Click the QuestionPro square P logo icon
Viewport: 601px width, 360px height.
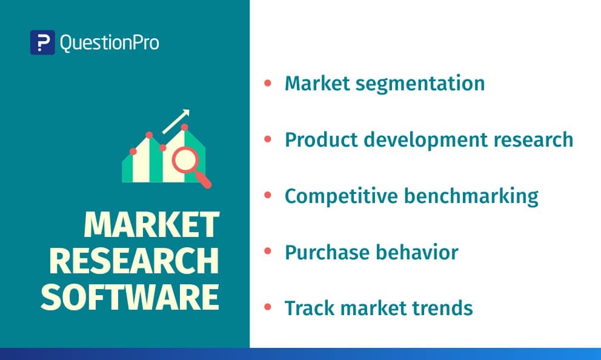click(x=42, y=42)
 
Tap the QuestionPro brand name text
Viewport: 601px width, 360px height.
click(x=109, y=42)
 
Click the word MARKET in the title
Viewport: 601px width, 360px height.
click(x=151, y=225)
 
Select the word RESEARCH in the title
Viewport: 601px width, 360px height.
click(x=134, y=261)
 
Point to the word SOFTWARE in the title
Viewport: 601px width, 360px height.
click(x=130, y=297)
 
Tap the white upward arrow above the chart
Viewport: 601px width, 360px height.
click(x=176, y=122)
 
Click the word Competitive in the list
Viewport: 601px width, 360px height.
click(x=342, y=196)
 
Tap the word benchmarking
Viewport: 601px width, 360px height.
click(x=471, y=196)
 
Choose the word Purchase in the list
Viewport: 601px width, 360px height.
click(x=327, y=252)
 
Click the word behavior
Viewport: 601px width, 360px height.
click(x=417, y=252)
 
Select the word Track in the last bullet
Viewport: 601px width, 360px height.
click(x=310, y=308)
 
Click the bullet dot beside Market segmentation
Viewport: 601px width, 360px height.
click(x=268, y=83)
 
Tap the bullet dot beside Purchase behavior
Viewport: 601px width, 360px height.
click(x=268, y=251)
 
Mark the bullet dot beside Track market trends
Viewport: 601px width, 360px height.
click(x=268, y=307)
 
